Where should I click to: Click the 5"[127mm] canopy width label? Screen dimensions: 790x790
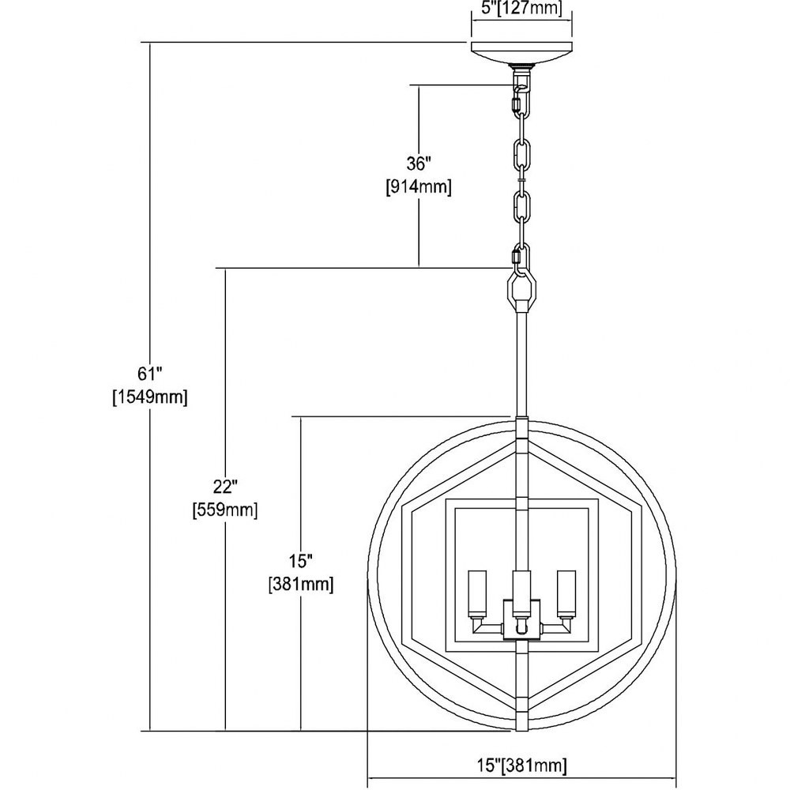pos(521,8)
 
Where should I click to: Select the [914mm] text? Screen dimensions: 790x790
pos(419,187)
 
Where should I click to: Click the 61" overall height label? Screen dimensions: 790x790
pos(150,374)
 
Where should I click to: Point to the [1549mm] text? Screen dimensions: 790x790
pos(149,397)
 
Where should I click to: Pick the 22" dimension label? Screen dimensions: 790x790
pos(225,487)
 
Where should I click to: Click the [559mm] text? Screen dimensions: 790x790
pos(225,510)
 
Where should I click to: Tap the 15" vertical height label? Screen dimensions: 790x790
pos(301,560)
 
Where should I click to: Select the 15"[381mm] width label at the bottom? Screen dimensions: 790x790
pos(522,766)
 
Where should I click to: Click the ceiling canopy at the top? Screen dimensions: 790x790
pos(521,54)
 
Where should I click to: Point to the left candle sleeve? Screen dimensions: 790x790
pos(477,593)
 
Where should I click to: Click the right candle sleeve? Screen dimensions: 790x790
pos(566,593)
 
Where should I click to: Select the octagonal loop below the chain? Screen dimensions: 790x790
pos(521,290)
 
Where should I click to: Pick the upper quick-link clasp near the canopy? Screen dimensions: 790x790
pos(515,104)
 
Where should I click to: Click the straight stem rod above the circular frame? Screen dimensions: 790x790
pos(521,365)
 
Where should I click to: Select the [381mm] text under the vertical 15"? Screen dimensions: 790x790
pos(301,585)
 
